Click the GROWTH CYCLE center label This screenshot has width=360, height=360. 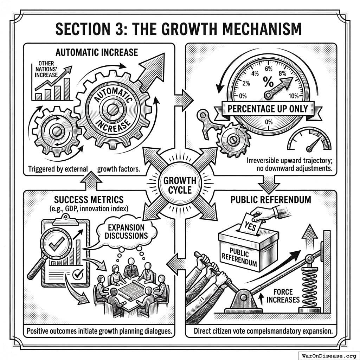180,185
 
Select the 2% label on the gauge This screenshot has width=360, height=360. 246,83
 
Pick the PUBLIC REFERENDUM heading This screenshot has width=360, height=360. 271,200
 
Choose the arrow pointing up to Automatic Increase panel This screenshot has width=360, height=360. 91,182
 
